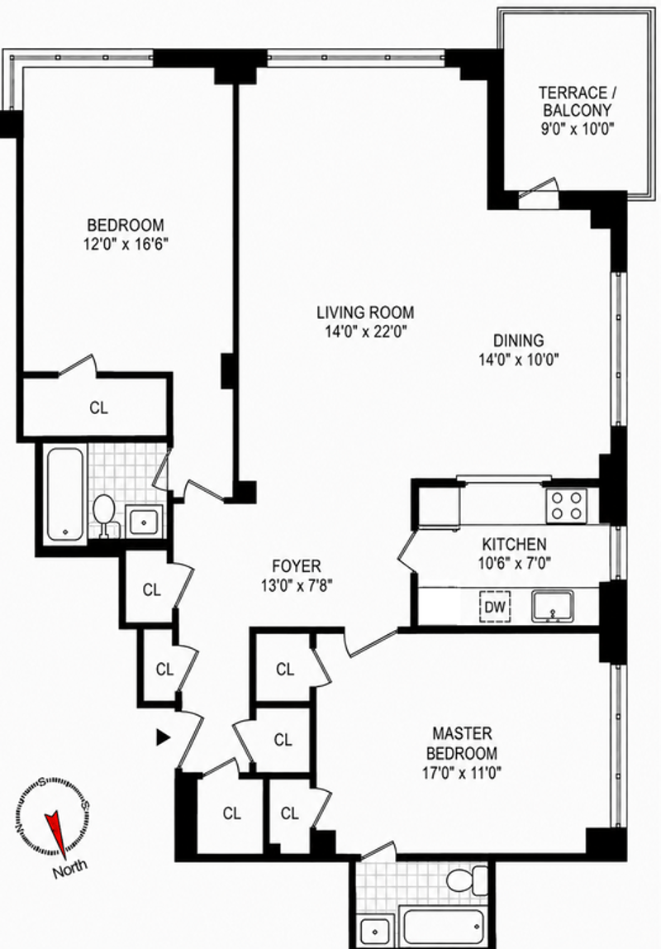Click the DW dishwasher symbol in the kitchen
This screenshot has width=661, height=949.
click(495, 607)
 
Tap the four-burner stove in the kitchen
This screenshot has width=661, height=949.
click(566, 506)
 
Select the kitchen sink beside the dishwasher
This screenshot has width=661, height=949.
click(553, 606)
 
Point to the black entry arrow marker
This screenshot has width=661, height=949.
click(162, 737)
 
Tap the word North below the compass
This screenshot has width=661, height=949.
click(69, 869)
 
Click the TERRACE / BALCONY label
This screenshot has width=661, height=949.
click(577, 102)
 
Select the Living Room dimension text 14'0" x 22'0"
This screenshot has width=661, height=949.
click(365, 331)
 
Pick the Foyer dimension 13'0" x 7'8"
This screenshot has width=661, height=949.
click(297, 585)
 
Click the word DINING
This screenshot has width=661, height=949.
click(518, 340)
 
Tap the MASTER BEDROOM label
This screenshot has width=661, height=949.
click(462, 743)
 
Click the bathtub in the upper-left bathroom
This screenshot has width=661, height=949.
click(64, 494)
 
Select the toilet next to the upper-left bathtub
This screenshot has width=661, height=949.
click(105, 516)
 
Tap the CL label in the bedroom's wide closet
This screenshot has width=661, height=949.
click(98, 408)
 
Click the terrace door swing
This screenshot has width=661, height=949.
click(538, 188)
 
